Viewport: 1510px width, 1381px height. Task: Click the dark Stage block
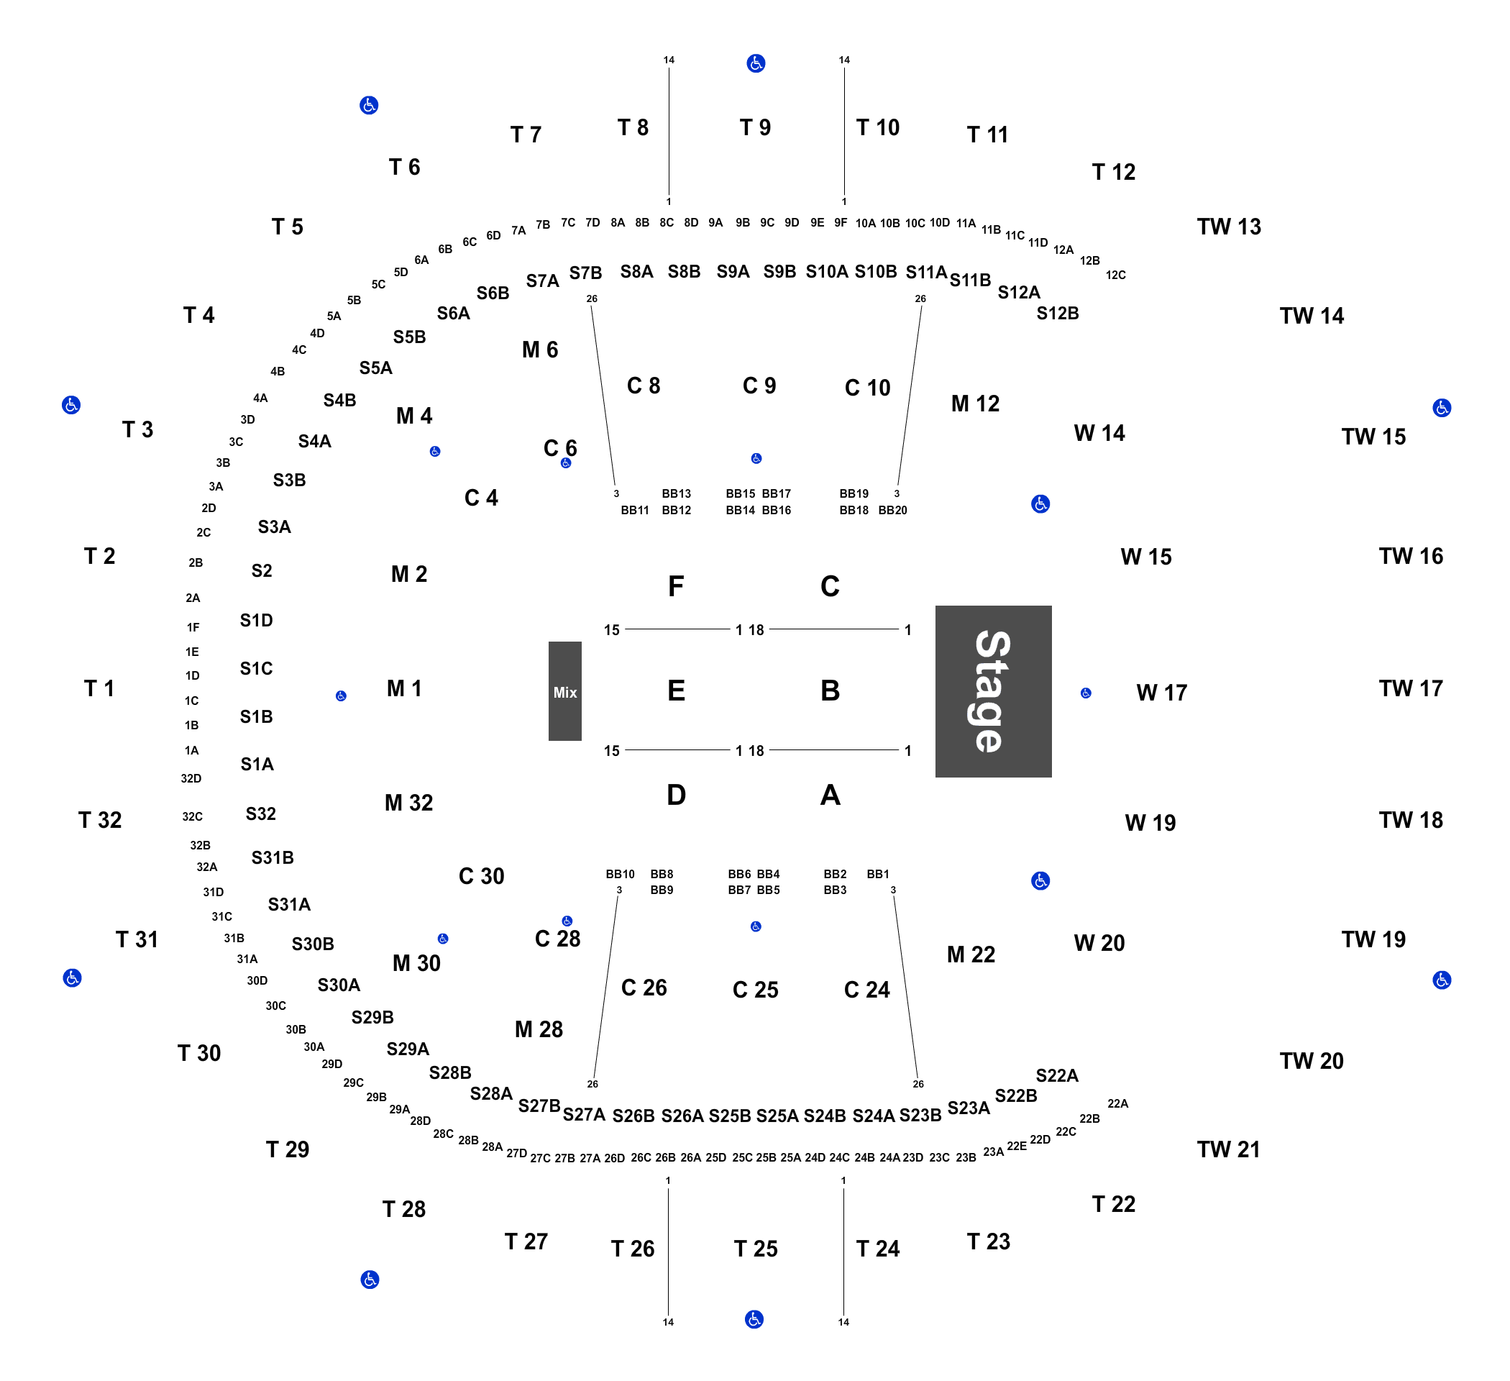pyautogui.click(x=993, y=691)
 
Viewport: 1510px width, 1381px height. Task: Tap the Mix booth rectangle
pyautogui.click(x=564, y=691)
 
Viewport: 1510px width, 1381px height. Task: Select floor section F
pyautogui.click(x=676, y=586)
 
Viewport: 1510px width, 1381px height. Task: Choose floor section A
pyautogui.click(x=830, y=795)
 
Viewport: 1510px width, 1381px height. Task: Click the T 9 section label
pyautogui.click(x=755, y=127)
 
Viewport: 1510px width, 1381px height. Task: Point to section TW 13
pyautogui.click(x=1229, y=227)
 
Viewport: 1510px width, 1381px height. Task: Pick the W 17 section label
pyautogui.click(x=1162, y=693)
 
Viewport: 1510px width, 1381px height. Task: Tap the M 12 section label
pyautogui.click(x=975, y=404)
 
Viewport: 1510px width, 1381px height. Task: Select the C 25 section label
pyautogui.click(x=755, y=990)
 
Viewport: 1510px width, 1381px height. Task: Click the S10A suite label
pyautogui.click(x=827, y=272)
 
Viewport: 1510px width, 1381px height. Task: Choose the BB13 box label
pyautogui.click(x=677, y=494)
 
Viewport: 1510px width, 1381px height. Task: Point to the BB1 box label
pyautogui.click(x=878, y=874)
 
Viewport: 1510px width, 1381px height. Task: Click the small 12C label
pyautogui.click(x=1116, y=275)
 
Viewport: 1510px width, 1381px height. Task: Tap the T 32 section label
pyautogui.click(x=100, y=820)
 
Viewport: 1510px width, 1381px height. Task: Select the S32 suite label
pyautogui.click(x=260, y=813)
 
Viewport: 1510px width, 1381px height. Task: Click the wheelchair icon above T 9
pyautogui.click(x=756, y=63)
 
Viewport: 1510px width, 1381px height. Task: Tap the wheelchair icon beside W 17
pyautogui.click(x=1086, y=693)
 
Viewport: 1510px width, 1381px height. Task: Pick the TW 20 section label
pyautogui.click(x=1312, y=1061)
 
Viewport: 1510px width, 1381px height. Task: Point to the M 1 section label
pyautogui.click(x=404, y=688)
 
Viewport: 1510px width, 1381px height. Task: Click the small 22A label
pyautogui.click(x=1117, y=1104)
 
